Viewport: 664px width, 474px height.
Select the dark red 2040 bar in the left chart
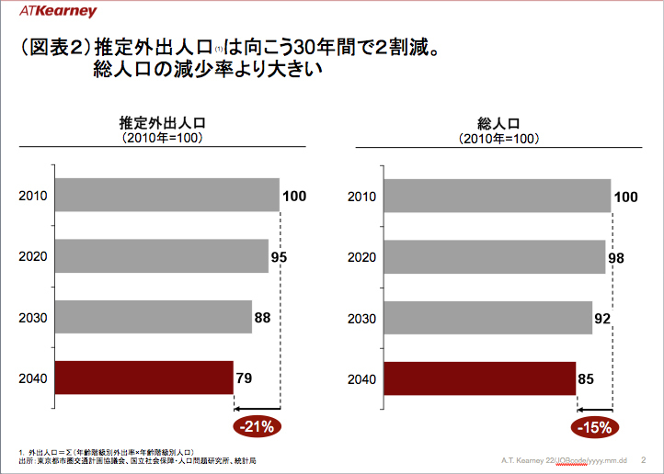144,378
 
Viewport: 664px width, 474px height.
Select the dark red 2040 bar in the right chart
479,378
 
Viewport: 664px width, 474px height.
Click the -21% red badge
258,426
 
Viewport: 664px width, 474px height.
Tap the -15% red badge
594,426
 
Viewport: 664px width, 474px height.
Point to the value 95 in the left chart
279,257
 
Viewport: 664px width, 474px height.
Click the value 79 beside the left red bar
244,378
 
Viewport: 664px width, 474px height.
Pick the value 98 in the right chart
616,257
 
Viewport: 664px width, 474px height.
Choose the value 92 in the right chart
603,318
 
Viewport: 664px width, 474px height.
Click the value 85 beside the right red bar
586,378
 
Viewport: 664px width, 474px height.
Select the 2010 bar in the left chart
166,196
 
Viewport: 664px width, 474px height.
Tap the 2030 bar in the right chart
487,318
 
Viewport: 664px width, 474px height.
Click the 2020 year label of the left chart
33,257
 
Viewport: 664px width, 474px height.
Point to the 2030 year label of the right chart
362,318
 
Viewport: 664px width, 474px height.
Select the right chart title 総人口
498,123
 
